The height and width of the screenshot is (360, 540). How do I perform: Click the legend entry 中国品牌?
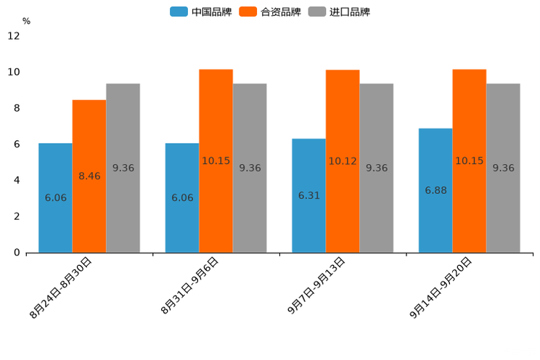(x=201, y=12)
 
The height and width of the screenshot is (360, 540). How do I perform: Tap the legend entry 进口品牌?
(x=339, y=12)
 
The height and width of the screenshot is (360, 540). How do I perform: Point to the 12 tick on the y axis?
(x=14, y=36)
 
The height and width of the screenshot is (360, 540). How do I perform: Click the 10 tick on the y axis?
(x=14, y=73)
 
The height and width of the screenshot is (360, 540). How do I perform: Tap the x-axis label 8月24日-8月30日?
(x=61, y=287)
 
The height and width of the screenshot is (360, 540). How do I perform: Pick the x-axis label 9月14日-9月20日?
(x=441, y=287)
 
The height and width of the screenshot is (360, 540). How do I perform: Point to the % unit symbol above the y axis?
(x=26, y=22)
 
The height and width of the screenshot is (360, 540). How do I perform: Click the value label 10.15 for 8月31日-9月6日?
(x=216, y=161)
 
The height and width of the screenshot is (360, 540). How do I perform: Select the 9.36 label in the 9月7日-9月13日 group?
(x=377, y=168)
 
